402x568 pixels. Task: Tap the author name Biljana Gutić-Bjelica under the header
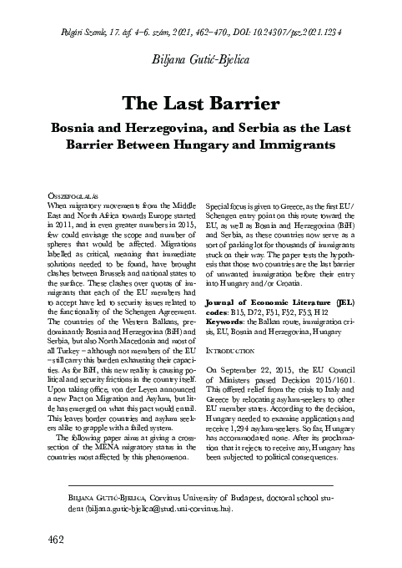click(x=200, y=59)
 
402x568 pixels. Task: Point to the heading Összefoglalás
click(x=68, y=194)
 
